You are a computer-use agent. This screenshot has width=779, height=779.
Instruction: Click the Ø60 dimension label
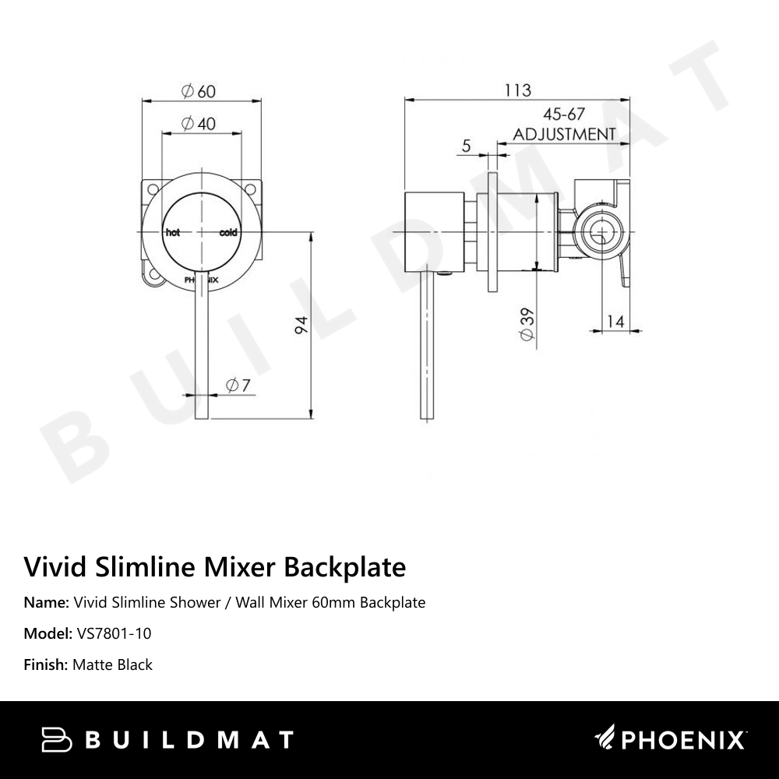(x=199, y=91)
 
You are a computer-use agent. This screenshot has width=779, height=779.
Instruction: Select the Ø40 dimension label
(x=199, y=124)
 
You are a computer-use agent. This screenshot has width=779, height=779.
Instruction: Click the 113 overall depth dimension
(x=516, y=90)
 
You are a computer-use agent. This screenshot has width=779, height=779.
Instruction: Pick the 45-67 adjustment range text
(x=564, y=114)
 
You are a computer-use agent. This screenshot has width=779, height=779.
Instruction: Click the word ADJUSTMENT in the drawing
(x=564, y=134)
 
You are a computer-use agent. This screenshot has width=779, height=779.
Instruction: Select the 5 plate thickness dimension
(x=467, y=146)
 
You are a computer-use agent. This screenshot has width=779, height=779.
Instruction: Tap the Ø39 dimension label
(x=527, y=323)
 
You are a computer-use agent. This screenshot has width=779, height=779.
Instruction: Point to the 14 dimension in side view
(x=615, y=320)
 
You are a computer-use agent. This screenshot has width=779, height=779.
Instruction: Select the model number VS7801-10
(x=115, y=633)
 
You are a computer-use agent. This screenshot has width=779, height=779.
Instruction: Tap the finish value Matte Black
(x=112, y=664)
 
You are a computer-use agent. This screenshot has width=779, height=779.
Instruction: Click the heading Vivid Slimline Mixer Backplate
(x=215, y=566)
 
